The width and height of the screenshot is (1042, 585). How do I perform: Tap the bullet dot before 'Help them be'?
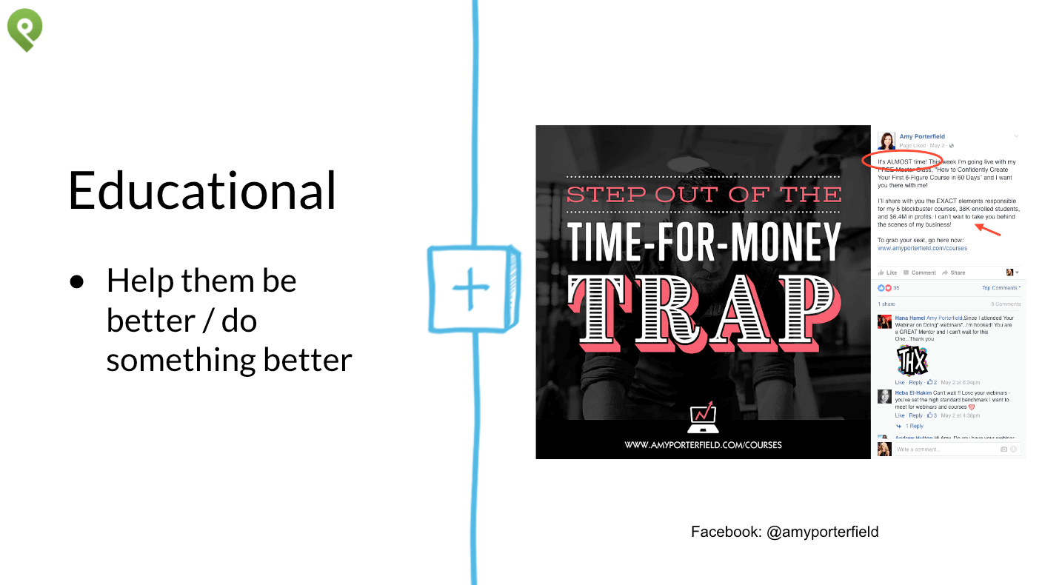coord(77,282)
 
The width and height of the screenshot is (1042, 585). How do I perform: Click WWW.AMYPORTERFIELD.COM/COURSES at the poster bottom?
coord(703,445)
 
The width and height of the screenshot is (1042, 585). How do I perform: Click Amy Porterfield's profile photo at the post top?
coord(886,141)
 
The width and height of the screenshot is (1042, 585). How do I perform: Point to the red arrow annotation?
coord(988,230)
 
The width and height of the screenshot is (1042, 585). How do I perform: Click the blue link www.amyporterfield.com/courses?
coord(922,248)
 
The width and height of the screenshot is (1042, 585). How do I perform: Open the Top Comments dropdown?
coord(1001,288)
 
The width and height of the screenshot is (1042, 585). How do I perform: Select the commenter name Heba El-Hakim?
coord(913,392)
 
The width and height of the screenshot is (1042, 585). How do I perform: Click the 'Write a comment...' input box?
coord(944,449)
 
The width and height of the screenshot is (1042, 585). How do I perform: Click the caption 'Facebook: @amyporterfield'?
coord(784,532)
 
